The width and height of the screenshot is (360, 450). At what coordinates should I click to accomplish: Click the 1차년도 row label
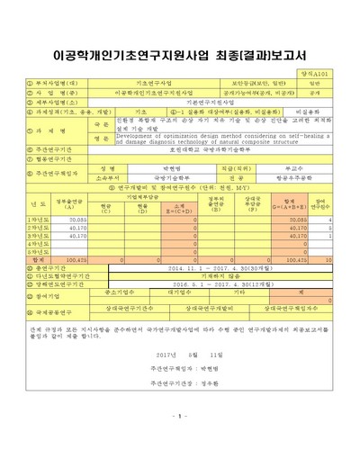coord(38,219)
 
